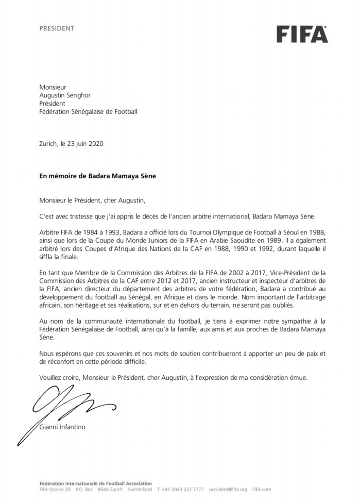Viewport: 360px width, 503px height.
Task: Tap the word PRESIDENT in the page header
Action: [57, 28]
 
